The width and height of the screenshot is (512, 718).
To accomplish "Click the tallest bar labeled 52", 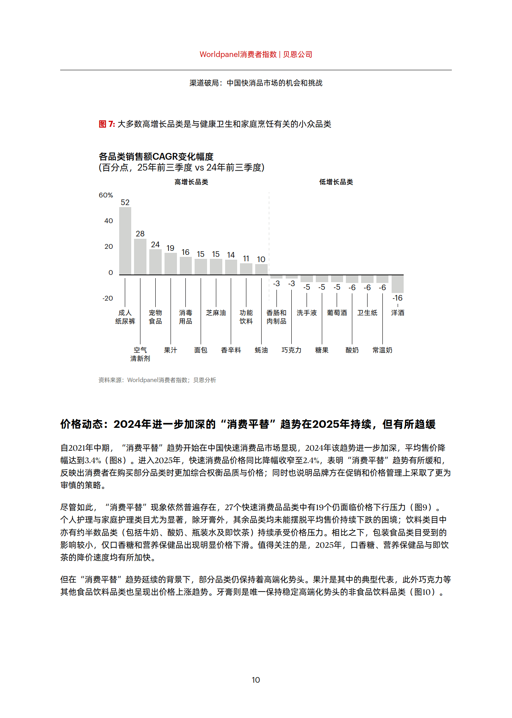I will click(x=125, y=241).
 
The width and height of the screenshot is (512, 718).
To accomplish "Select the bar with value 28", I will click(x=140, y=257).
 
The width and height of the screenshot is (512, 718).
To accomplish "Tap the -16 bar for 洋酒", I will click(x=398, y=284).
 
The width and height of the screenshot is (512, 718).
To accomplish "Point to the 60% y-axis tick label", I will click(x=106, y=195).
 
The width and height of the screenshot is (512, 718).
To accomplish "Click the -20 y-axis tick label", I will click(x=108, y=298).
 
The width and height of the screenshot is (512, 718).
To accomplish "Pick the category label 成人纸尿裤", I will click(x=125, y=317).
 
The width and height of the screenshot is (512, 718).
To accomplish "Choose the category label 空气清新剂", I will click(x=140, y=354).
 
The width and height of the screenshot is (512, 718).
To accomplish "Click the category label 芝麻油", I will click(x=216, y=313).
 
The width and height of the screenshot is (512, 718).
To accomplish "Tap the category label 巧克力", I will click(x=291, y=350).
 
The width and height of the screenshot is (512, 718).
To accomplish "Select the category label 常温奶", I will click(x=382, y=350).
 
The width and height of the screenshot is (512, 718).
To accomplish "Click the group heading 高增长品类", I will click(x=191, y=182).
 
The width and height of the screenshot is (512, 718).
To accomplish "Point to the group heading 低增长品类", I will click(x=336, y=182).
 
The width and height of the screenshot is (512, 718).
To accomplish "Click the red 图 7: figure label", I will click(x=107, y=124).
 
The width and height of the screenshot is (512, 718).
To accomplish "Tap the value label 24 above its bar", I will click(x=155, y=244).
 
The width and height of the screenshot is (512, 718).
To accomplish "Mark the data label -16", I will click(x=398, y=298).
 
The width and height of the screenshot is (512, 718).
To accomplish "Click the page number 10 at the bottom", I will click(x=256, y=680).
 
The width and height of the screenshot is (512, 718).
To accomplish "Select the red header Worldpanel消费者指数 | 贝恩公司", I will click(x=256, y=55).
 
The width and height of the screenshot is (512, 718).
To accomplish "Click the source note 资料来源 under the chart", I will click(x=157, y=380).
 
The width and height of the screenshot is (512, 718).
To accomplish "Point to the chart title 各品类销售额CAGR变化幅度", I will click(x=156, y=157).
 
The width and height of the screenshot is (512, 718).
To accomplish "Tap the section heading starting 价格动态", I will click(x=248, y=424).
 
